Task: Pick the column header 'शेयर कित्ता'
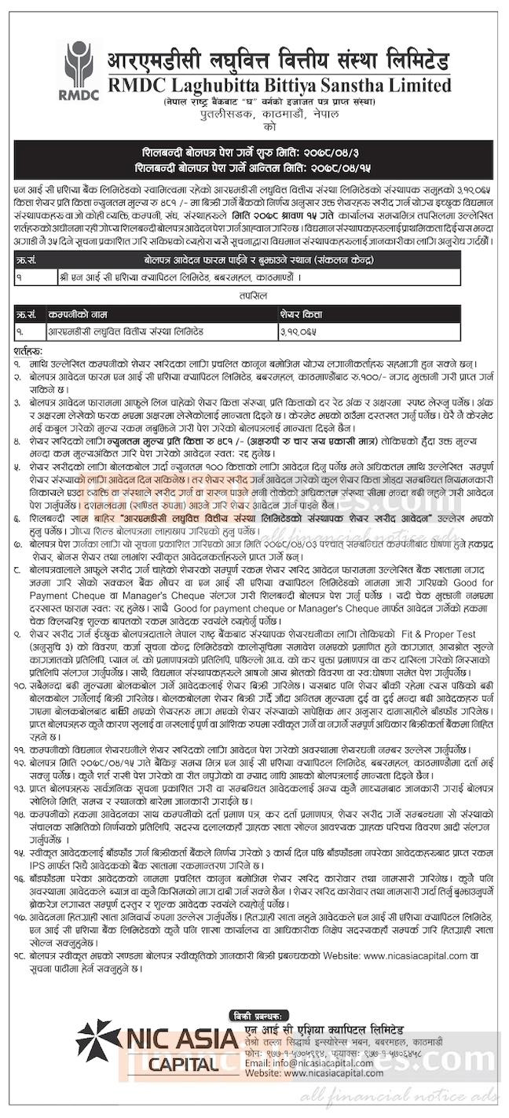[x=299, y=313]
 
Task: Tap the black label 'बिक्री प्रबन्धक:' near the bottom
[x=266, y=1010]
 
